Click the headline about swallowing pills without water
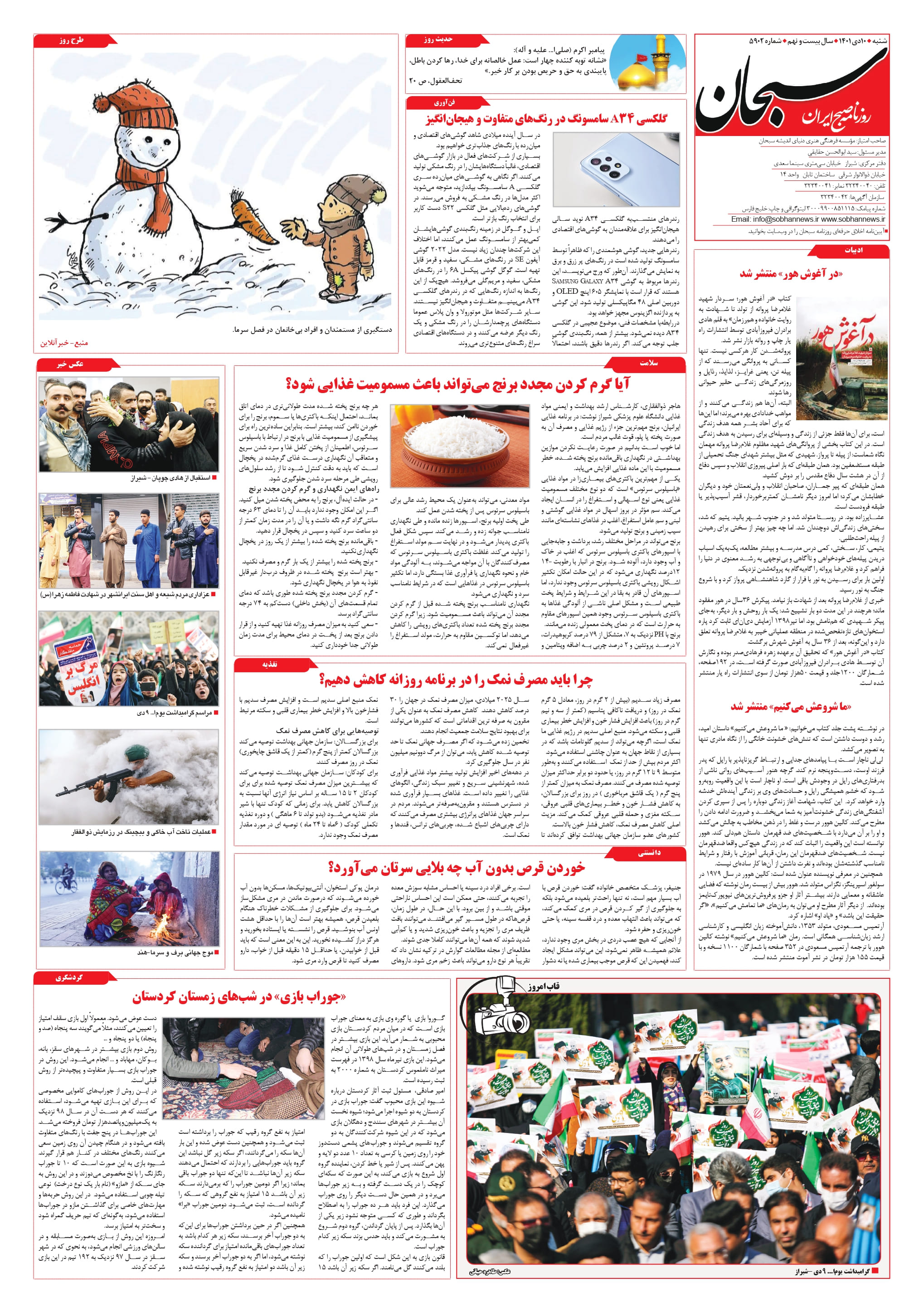tap(457, 869)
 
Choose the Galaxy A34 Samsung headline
tap(546, 119)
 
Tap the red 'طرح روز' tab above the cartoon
tap(72, 40)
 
